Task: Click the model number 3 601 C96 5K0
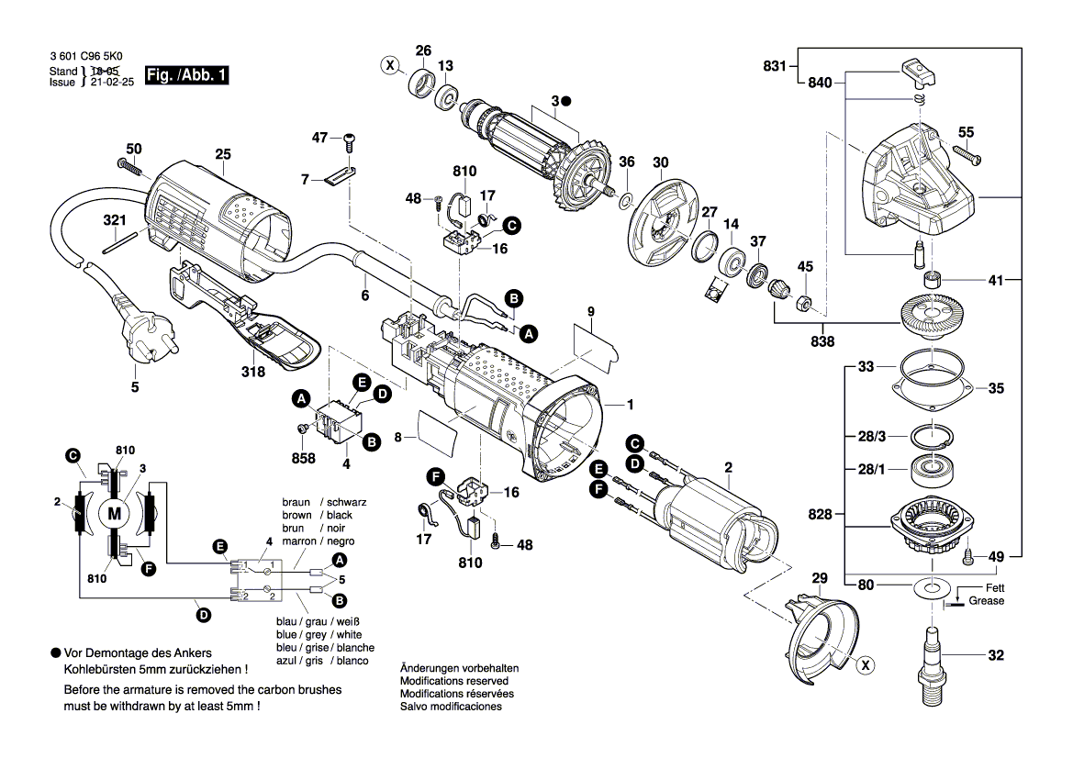pyautogui.click(x=86, y=57)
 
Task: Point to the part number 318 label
pyautogui.click(x=253, y=372)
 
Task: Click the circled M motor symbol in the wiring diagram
pyautogui.click(x=115, y=513)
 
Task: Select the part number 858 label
pyautogui.click(x=304, y=458)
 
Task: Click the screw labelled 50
pyautogui.click(x=128, y=167)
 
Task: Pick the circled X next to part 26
pyautogui.click(x=391, y=65)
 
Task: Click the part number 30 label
pyautogui.click(x=660, y=162)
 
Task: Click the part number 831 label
pyautogui.click(x=775, y=65)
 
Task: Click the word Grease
pyautogui.click(x=986, y=601)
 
